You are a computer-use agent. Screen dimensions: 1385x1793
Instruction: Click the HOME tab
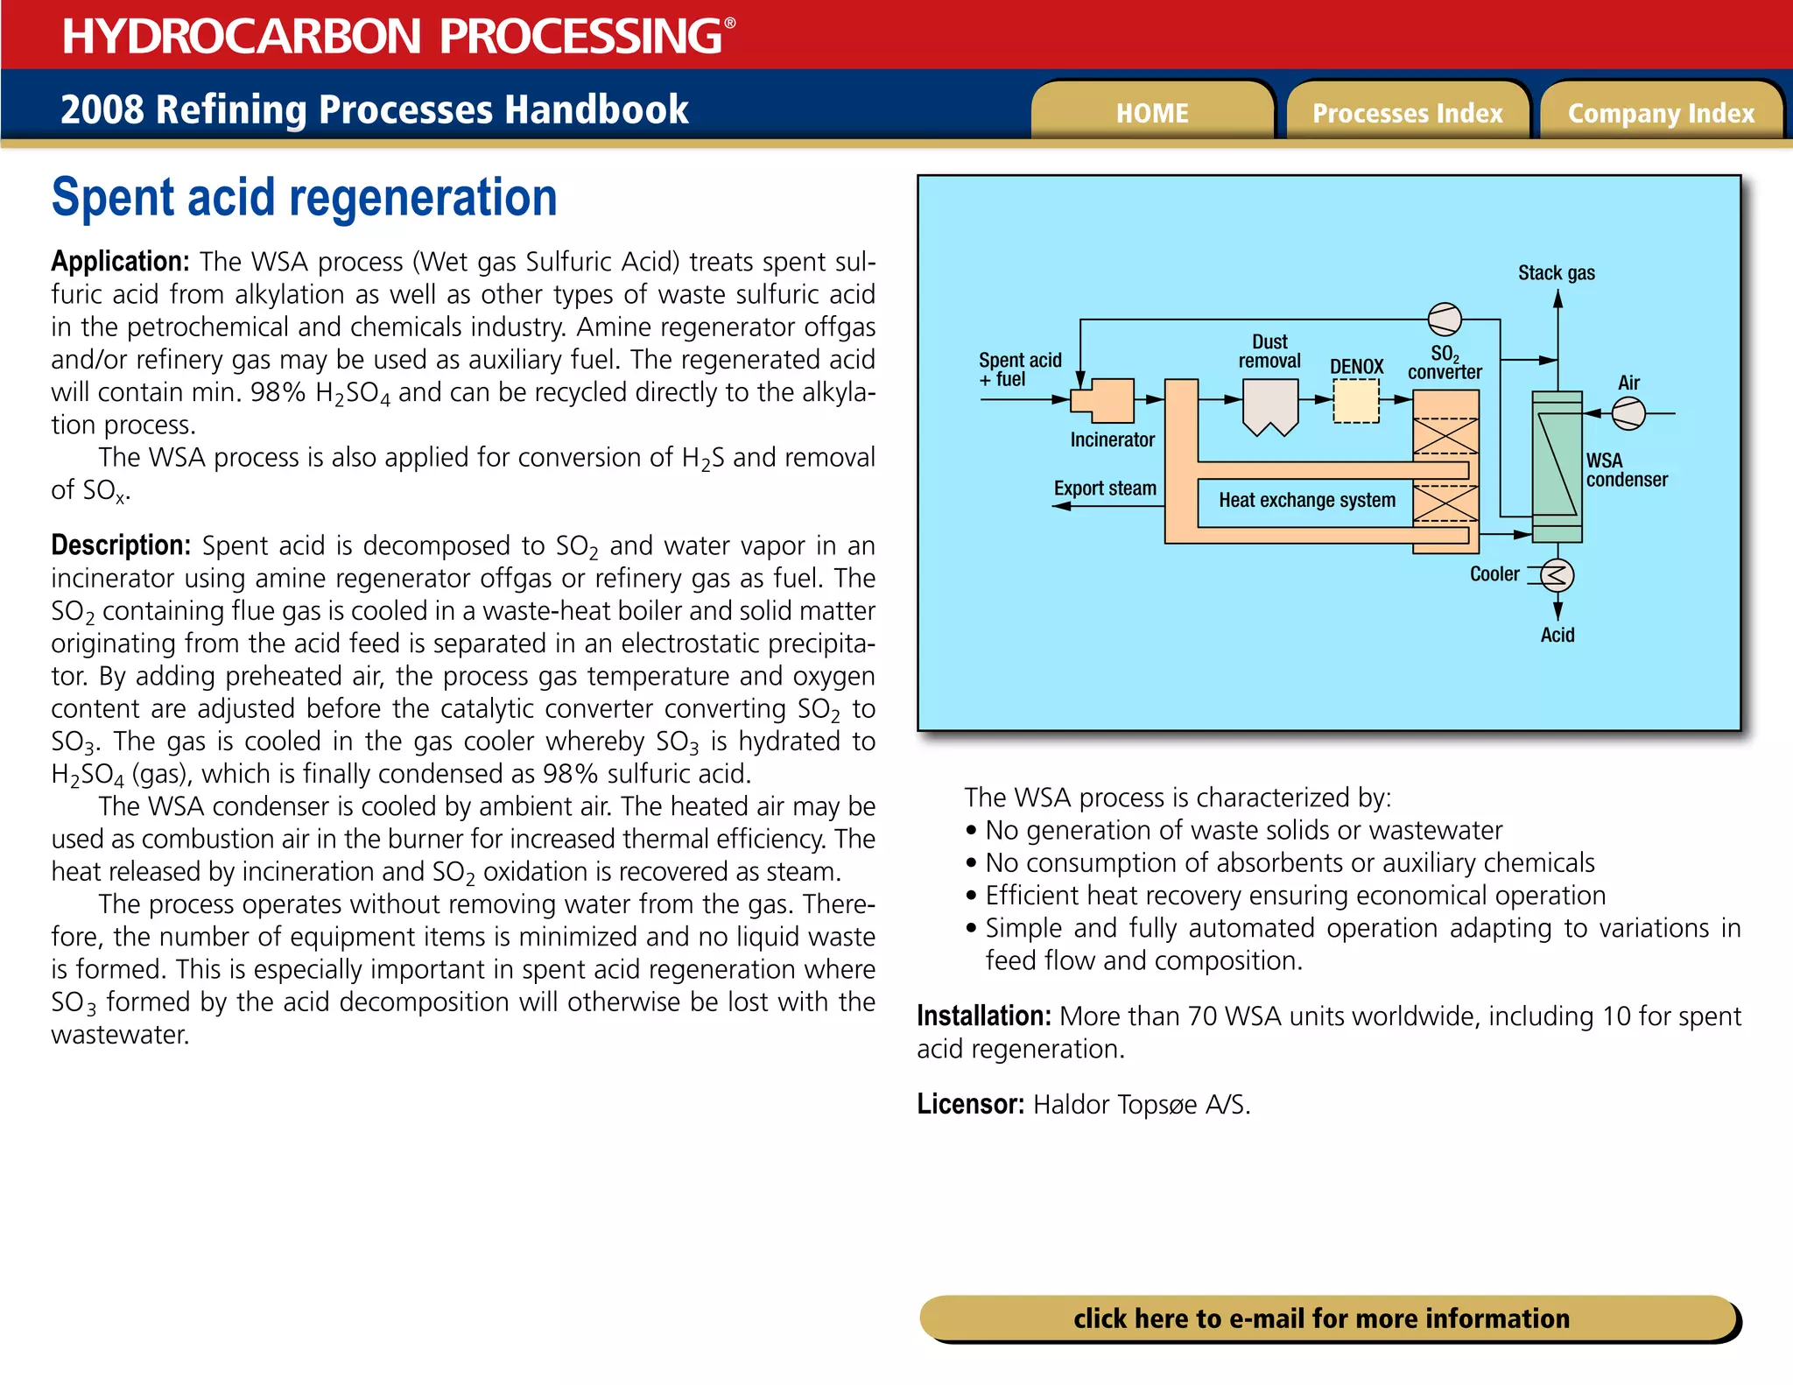pyautogui.click(x=1151, y=113)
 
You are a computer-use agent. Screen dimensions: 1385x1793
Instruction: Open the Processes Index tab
pyautogui.click(x=1407, y=113)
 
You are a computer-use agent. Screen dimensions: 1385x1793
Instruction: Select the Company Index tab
pyautogui.click(x=1661, y=113)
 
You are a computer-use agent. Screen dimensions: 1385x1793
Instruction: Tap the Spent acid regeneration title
pyautogui.click(x=304, y=198)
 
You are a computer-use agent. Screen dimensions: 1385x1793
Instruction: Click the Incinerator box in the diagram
pyautogui.click(x=1107, y=402)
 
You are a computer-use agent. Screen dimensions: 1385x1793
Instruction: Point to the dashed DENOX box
pyautogui.click(x=1355, y=402)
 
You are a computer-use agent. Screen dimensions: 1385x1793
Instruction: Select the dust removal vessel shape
pyautogui.click(x=1269, y=404)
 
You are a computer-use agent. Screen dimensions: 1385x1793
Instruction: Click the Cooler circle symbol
pyautogui.click(x=1557, y=575)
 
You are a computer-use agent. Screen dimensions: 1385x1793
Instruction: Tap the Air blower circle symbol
pyautogui.click(x=1628, y=413)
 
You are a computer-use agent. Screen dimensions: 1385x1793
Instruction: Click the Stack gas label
pyautogui.click(x=1556, y=273)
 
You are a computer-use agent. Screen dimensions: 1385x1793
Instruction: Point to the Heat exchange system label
pyautogui.click(x=1306, y=500)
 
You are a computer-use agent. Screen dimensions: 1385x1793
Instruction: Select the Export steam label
pyautogui.click(x=1105, y=489)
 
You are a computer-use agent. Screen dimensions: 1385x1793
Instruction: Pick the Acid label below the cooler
pyautogui.click(x=1557, y=635)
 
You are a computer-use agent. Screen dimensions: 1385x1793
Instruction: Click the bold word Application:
pyautogui.click(x=120, y=262)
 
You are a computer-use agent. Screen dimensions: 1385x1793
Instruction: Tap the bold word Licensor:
pyautogui.click(x=970, y=1104)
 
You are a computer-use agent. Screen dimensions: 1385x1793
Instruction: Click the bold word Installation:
pyautogui.click(x=983, y=1016)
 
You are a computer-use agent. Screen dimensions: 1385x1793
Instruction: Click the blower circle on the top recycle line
pyautogui.click(x=1445, y=320)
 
